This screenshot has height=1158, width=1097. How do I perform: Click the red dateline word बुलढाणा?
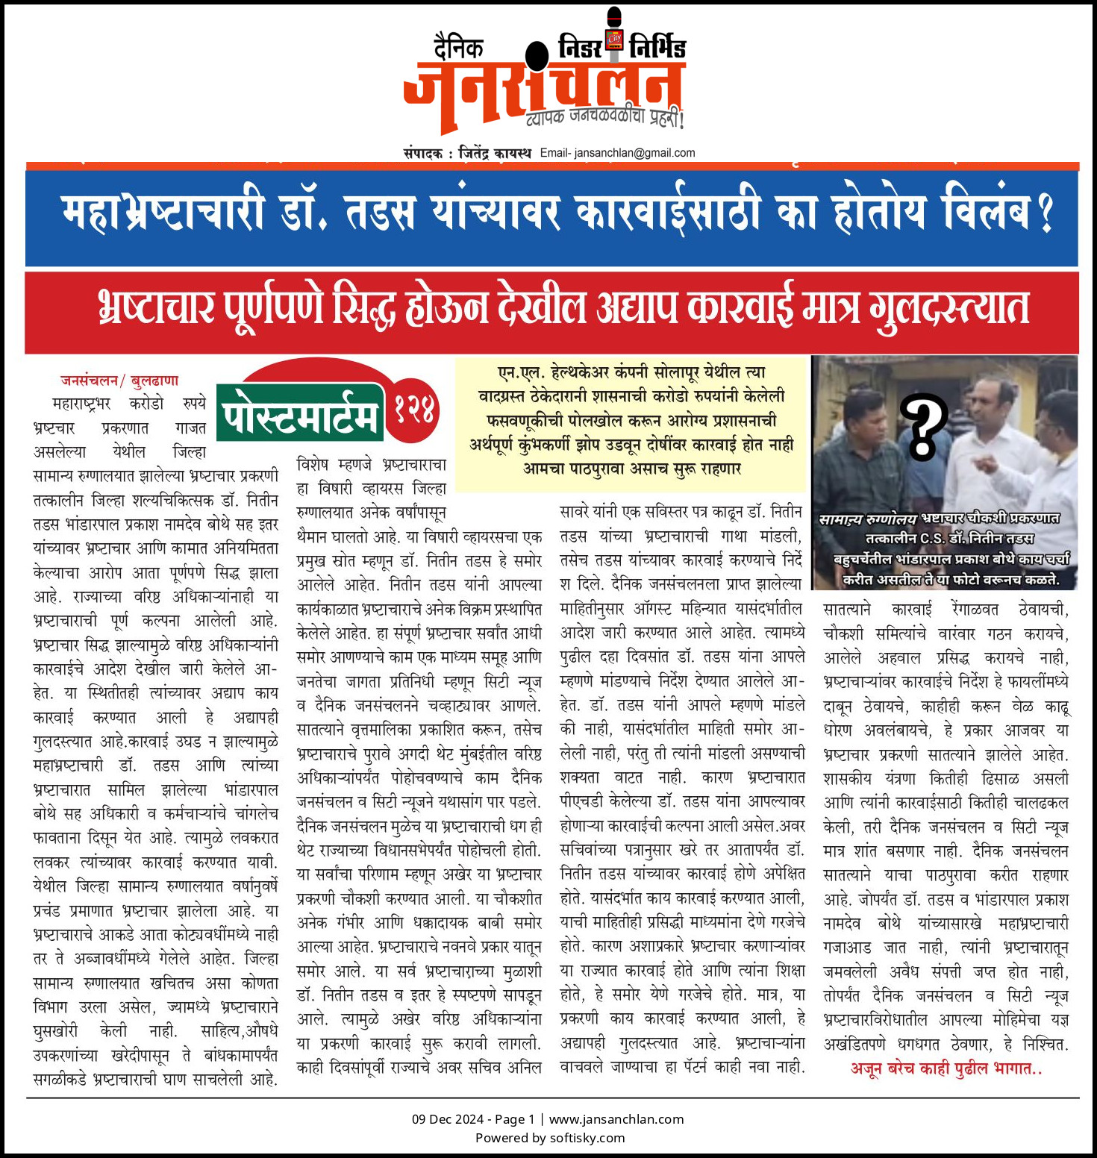click(x=154, y=381)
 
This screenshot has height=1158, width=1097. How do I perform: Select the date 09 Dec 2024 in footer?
click(x=448, y=1119)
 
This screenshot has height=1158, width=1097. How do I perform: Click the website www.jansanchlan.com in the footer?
click(x=616, y=1119)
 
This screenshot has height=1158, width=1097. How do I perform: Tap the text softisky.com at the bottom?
click(x=587, y=1138)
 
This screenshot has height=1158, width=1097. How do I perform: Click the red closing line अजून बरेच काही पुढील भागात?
click(x=946, y=1068)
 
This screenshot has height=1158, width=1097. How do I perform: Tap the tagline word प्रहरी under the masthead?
click(x=663, y=118)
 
